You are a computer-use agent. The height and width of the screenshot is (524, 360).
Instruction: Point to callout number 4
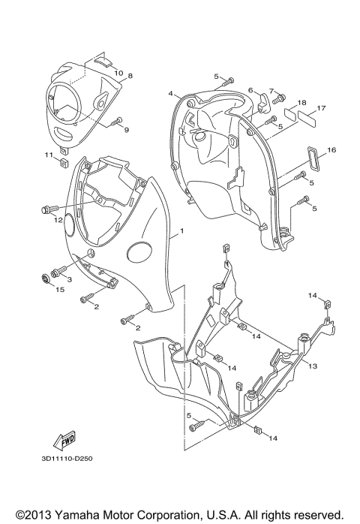click(170, 93)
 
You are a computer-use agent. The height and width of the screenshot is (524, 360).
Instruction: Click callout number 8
click(130, 77)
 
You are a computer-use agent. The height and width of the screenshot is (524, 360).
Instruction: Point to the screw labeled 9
click(115, 121)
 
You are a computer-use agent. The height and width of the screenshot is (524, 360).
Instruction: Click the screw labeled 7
click(280, 98)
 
